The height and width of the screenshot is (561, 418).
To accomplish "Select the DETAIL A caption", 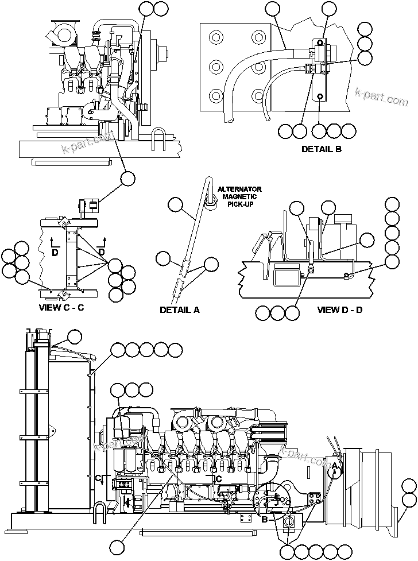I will [180, 310].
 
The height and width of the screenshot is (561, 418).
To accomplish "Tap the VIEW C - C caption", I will [61, 307].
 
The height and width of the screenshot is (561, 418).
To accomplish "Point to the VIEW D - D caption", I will [340, 310].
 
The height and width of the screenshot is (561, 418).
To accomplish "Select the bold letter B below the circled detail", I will [265, 520].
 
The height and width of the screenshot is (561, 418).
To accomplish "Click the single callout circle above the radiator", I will [75, 337].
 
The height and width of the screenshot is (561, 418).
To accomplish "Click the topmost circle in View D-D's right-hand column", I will [392, 204].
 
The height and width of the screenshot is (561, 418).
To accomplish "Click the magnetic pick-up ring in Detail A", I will [210, 199].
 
